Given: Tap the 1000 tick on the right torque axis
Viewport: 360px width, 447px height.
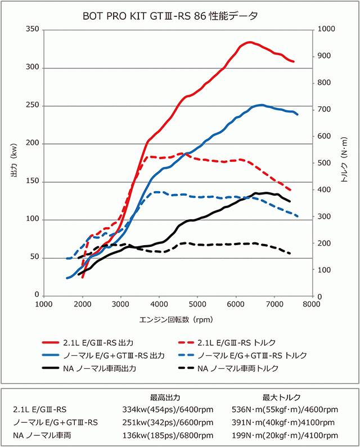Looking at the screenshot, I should tap(327, 29).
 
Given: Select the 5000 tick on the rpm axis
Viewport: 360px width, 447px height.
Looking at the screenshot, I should tap(197, 305).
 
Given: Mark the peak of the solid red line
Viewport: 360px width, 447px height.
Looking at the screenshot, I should tap(249, 42).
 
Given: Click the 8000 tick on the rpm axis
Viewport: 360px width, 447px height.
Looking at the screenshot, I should tap(312, 305).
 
